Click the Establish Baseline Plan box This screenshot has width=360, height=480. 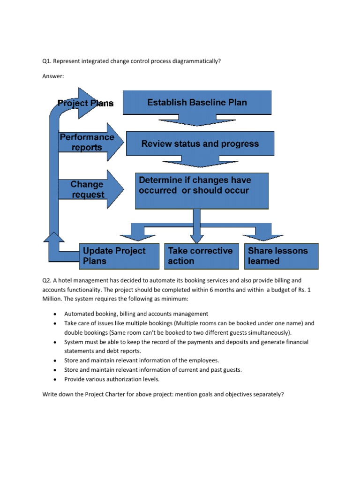pyautogui.click(x=197, y=102)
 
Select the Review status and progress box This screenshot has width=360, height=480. pyautogui.click(x=200, y=143)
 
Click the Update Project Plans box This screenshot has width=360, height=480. pyautogui.click(x=120, y=256)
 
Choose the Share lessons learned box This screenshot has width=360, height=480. pyautogui.click(x=281, y=256)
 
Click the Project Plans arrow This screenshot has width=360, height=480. pyautogui.click(x=86, y=103)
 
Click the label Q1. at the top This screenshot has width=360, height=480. pyautogui.click(x=46, y=61)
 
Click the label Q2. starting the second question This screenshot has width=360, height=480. pyautogui.click(x=46, y=280)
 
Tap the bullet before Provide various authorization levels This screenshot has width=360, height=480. pyautogui.click(x=56, y=379)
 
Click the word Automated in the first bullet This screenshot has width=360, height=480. pyautogui.click(x=78, y=314)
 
